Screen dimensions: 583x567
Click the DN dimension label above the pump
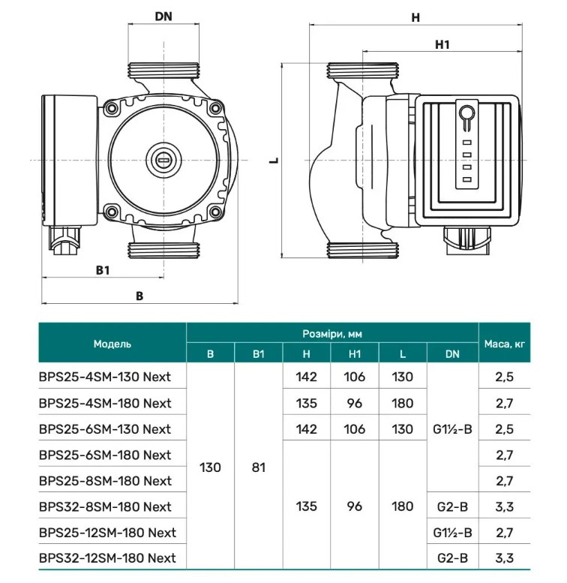(163, 17)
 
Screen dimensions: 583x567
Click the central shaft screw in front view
(163, 160)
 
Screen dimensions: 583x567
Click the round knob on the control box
(465, 115)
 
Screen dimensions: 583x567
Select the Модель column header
(112, 344)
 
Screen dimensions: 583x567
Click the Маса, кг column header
(504, 344)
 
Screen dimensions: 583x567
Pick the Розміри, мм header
(331, 333)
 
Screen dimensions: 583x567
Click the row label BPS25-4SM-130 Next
(104, 377)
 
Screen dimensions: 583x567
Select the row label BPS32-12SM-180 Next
(107, 557)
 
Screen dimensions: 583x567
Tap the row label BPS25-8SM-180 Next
(104, 480)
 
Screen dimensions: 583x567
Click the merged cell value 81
(259, 467)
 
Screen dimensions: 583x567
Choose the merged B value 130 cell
(210, 467)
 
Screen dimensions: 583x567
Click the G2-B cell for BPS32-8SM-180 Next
(452, 506)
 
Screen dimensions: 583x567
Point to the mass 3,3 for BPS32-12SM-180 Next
(504, 557)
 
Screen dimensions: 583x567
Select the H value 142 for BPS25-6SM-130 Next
(307, 429)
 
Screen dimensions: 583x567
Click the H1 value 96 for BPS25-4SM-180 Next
(355, 403)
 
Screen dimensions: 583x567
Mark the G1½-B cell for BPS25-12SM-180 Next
(452, 532)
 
